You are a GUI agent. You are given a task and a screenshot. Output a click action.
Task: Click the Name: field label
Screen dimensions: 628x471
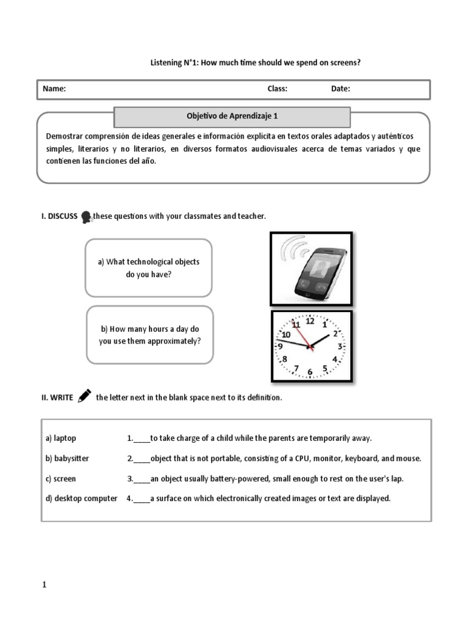[x=54, y=89]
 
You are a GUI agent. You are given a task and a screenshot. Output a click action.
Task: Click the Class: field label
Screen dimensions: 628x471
[x=277, y=89]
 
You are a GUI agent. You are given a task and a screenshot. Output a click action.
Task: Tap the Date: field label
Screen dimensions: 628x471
[x=340, y=89]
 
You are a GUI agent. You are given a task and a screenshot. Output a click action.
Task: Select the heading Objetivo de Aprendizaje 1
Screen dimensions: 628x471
[x=232, y=116]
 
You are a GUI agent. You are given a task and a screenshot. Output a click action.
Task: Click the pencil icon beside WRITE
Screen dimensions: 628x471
[x=85, y=396]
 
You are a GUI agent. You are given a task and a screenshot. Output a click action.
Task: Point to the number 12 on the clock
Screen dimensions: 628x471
[x=310, y=320]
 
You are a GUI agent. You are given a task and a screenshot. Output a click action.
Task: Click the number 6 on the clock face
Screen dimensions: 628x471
[x=310, y=372]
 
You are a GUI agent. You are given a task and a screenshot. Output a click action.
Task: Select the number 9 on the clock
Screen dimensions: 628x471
[x=280, y=346]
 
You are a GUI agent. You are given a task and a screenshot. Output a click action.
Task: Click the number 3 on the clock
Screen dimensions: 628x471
[x=340, y=347]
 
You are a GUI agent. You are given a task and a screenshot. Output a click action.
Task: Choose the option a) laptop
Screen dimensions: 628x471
[x=61, y=438]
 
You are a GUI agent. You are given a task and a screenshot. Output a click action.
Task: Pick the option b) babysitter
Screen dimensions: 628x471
[x=67, y=459]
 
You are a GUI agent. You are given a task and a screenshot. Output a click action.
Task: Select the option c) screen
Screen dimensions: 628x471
[x=61, y=478]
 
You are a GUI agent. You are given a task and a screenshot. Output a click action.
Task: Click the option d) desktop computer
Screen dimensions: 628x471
[x=81, y=499]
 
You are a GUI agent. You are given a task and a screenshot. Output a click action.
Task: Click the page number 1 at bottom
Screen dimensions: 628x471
[x=44, y=585]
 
